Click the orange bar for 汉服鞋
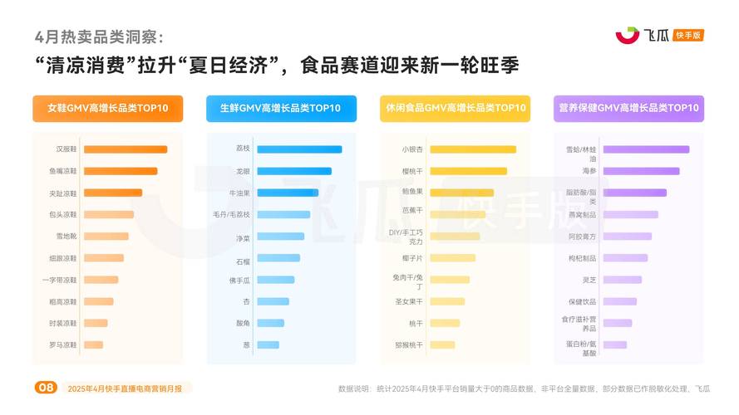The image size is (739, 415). point(125,149)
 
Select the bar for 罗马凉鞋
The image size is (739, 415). point(93,344)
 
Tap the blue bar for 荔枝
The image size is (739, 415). point(299,149)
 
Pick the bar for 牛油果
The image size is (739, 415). point(287,193)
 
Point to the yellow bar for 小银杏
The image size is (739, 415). point(472,149)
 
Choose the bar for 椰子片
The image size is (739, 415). point(452,258)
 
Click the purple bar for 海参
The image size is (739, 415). point(641,171)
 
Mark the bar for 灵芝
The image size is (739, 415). point(622,280)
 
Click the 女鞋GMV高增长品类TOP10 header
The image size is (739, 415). point(108,109)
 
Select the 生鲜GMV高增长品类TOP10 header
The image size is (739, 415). point(281,109)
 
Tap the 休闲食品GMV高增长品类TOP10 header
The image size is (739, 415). point(455,109)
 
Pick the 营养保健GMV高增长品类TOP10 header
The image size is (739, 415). point(628,109)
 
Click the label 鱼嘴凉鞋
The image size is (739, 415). point(63,171)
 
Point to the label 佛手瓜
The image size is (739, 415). point(239,280)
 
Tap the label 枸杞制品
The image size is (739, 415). point(583,258)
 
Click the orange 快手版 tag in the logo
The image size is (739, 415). point(688,35)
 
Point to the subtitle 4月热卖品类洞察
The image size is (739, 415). point(99,37)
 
